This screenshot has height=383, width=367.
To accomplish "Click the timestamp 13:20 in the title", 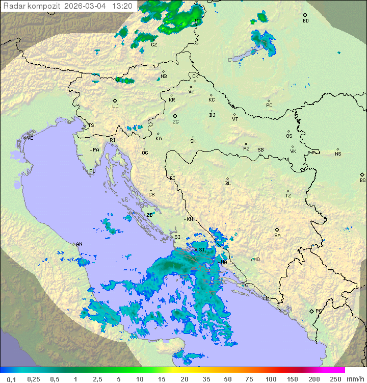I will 122,6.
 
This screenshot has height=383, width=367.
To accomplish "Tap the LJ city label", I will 115,107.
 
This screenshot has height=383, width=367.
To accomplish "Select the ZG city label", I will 175,122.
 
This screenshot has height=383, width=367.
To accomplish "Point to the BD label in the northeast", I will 305,21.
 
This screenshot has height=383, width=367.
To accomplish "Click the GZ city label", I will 154,44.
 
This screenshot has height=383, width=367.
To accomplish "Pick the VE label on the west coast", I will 30,138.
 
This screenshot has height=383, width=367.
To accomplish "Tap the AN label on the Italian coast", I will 79,244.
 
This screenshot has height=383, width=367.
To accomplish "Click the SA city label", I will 277,236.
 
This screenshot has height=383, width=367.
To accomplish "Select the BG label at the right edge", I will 362,180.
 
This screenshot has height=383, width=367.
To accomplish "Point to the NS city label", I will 338,154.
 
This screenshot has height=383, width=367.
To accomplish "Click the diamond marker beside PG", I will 311,311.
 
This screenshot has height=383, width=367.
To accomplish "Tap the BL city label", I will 228,184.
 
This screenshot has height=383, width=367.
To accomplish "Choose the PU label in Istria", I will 92,171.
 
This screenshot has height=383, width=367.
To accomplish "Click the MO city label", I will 256,260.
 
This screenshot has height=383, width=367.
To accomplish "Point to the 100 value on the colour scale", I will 271,379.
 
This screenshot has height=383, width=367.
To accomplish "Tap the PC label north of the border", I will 269,106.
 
